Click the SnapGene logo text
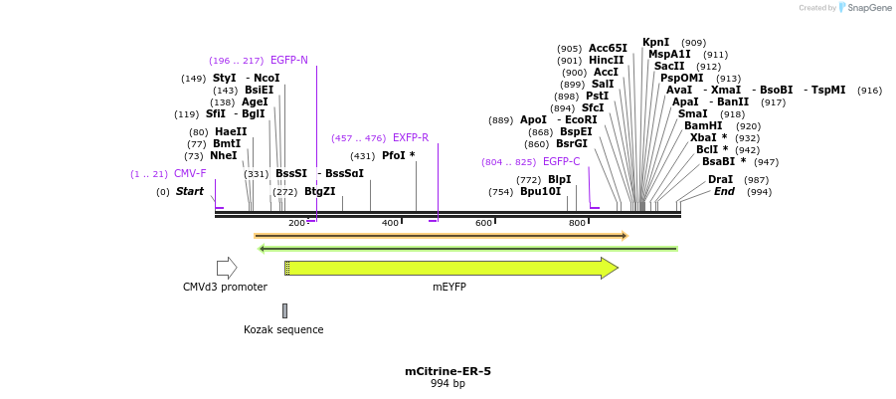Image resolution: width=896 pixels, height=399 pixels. coord(869,8)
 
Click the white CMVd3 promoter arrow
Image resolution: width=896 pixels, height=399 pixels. coord(227,268)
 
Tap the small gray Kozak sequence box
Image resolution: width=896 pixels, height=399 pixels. coord(284,310)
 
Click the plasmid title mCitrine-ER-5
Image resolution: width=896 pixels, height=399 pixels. coord(448,371)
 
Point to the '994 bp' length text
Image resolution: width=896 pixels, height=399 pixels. coord(448,383)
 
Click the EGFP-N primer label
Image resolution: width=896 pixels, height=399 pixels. coord(289,60)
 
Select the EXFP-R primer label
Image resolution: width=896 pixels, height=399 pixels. coord(411,138)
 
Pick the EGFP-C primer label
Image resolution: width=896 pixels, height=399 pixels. coord(562,161)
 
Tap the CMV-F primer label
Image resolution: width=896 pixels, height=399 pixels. coord(190,174)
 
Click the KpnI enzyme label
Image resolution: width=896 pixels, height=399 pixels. coord(656,43)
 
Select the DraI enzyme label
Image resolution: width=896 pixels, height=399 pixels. coord(720,179)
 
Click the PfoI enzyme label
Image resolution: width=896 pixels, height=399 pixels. coord(398,155)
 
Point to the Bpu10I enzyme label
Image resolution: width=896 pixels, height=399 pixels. coord(540,191)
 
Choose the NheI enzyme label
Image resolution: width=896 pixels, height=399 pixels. coord(224,155)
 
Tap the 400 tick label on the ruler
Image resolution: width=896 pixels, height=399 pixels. coord(390,223)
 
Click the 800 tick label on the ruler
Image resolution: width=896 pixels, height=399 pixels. coord(577,223)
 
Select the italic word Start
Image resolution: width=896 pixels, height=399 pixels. coord(190,191)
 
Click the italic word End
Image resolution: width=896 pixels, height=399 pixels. coord(724,191)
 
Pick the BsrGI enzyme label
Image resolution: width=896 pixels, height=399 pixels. coord(572,144)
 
